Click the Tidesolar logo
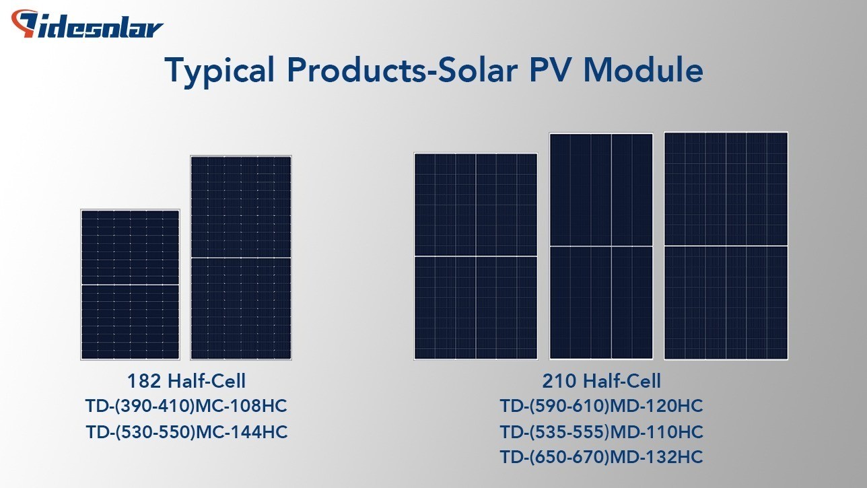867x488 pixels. click(x=87, y=24)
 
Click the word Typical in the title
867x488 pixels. click(x=220, y=71)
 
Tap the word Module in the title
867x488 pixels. click(x=643, y=70)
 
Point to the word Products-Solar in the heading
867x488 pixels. click(x=402, y=70)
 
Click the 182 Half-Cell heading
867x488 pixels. click(x=186, y=381)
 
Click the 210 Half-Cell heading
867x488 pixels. click(x=601, y=381)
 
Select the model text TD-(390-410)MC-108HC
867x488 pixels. click(x=186, y=406)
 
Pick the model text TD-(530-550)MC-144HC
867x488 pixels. click(x=186, y=432)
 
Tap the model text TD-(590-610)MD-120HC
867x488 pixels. click(x=601, y=406)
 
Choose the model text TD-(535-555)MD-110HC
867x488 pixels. click(x=601, y=432)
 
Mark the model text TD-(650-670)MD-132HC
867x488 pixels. click(x=601, y=457)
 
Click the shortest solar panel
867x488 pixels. click(x=131, y=285)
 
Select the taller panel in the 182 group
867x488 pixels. click(x=241, y=258)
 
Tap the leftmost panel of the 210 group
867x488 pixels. click(x=476, y=256)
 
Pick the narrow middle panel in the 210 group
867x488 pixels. click(x=601, y=246)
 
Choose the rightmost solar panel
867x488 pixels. click(x=726, y=246)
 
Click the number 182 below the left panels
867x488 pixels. click(x=144, y=381)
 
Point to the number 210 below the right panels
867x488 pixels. click(x=559, y=381)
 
